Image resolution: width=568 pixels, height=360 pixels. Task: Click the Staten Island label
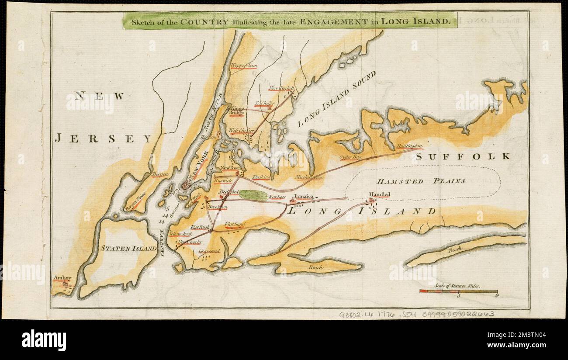pyautogui.click(x=128, y=248)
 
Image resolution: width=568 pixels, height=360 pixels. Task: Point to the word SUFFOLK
pyautogui.click(x=463, y=156)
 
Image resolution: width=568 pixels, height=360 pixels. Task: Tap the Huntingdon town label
pyautogui.click(x=410, y=146)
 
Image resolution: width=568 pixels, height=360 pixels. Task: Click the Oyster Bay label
pyautogui.click(x=350, y=156)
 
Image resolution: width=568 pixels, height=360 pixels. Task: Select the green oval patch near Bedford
pyautogui.click(x=253, y=195)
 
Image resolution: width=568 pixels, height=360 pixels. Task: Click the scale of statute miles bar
pyautogui.click(x=458, y=291)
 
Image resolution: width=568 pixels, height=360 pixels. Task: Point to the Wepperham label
pyautogui.click(x=244, y=66)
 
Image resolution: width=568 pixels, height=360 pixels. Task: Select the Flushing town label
pyautogui.click(x=261, y=177)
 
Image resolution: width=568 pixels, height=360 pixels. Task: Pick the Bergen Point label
pyautogui.click(x=134, y=203)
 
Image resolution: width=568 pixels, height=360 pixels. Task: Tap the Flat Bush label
pyautogui.click(x=201, y=227)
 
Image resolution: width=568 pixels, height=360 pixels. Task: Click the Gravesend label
pyautogui.click(x=208, y=252)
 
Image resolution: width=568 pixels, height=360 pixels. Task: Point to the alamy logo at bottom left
pyautogui.click(x=44, y=340)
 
